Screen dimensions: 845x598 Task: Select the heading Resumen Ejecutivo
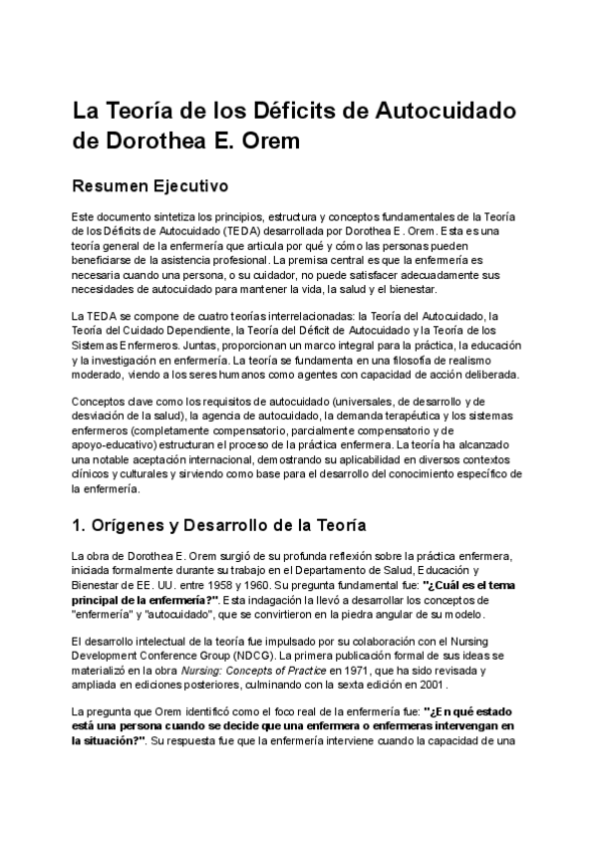(x=150, y=185)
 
